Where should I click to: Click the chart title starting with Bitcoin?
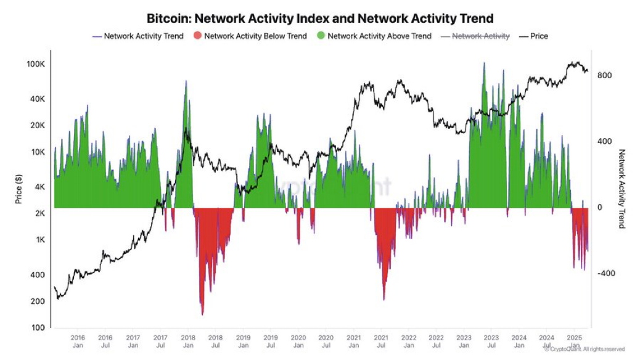pyautogui.click(x=320, y=18)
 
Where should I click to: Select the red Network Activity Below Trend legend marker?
pyautogui.click(x=197, y=36)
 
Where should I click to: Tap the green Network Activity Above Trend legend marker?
pyautogui.click(x=320, y=36)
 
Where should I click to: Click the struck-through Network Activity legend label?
pyautogui.click(x=481, y=36)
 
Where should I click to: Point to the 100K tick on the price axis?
pyautogui.click(x=35, y=64)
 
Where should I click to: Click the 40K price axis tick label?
pyautogui.click(x=36, y=99)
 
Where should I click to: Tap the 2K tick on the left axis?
pyautogui.click(x=38, y=213)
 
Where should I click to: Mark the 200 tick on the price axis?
pyautogui.click(x=38, y=301)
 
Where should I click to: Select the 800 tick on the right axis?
pyautogui.click(x=604, y=75)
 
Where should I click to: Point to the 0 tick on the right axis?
pyautogui.click(x=600, y=208)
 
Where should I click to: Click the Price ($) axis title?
pyautogui.click(x=19, y=188)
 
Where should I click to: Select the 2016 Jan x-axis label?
pyautogui.click(x=78, y=342)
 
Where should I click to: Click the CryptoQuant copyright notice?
pyautogui.click(x=585, y=350)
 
